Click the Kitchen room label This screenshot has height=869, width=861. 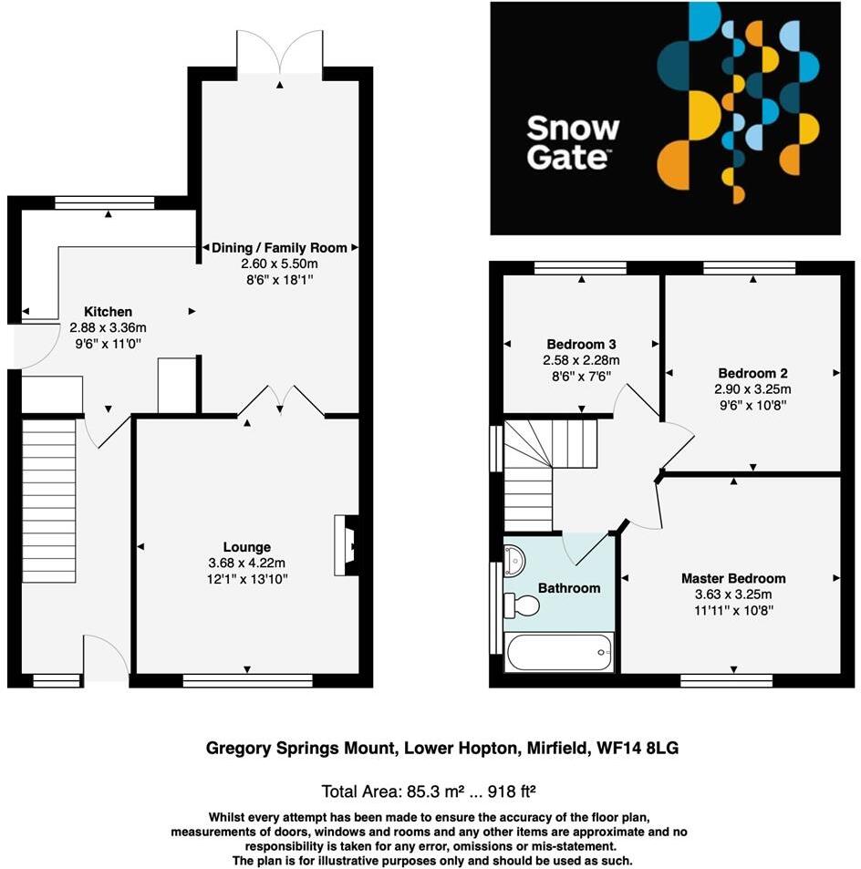tap(109, 312)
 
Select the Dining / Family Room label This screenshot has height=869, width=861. tap(278, 247)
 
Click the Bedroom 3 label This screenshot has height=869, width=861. tap(581, 345)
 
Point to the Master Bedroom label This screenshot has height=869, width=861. tap(732, 578)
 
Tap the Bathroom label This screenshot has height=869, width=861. tap(568, 588)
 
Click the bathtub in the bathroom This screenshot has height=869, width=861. tap(557, 652)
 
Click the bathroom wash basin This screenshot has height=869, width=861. tap(513, 557)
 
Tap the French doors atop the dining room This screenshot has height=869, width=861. tap(279, 53)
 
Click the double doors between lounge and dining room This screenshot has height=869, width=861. tap(280, 400)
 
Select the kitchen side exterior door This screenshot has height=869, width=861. tap(19, 347)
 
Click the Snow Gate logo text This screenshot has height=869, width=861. tap(573, 143)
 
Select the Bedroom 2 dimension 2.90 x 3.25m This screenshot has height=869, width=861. tap(752, 388)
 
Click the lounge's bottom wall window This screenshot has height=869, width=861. tap(247, 680)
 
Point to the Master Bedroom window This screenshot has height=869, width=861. tap(726, 680)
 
